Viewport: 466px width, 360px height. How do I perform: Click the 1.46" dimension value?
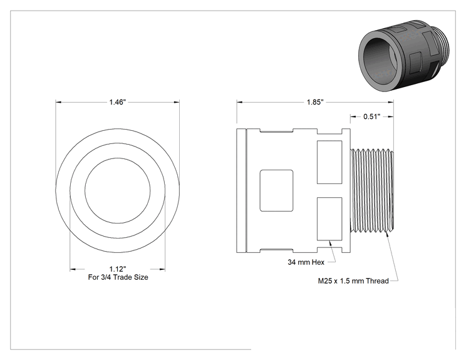(x=118, y=102)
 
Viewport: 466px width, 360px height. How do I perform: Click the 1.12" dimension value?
(x=118, y=269)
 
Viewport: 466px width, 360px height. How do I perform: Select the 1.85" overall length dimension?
(x=315, y=102)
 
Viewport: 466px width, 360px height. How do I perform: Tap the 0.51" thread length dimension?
(x=372, y=116)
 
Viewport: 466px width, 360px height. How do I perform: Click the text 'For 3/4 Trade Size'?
(x=118, y=277)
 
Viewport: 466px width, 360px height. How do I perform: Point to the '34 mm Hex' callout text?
(x=306, y=262)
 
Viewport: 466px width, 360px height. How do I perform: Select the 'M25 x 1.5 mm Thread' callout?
(x=353, y=280)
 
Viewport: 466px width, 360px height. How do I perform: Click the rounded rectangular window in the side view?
(x=276, y=191)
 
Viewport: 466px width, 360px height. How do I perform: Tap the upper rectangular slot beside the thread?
(x=329, y=162)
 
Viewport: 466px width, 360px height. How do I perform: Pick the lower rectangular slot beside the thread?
(x=329, y=219)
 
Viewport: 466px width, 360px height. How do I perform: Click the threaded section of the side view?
(x=372, y=191)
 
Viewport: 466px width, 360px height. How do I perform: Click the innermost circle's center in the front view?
(x=118, y=191)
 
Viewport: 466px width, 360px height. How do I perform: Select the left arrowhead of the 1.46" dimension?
(x=58, y=102)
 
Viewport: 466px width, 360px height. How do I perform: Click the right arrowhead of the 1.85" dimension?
(x=391, y=102)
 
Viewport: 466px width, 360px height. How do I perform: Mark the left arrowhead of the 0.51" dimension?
(x=353, y=116)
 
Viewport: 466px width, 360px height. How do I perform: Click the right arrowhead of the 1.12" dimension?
(x=162, y=269)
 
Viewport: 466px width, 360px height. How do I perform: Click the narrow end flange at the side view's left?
(x=242, y=191)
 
